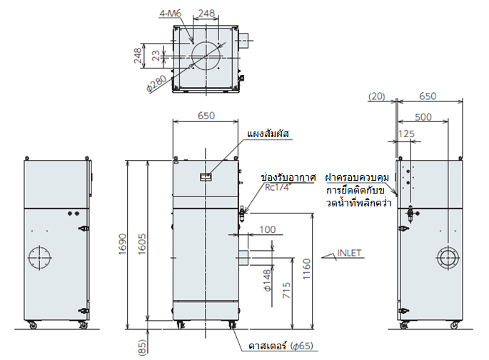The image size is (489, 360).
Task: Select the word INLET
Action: (351, 252)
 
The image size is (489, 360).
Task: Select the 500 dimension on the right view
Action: (422, 116)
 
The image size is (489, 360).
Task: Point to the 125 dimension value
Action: (407, 134)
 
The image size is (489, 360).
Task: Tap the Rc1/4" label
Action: (278, 188)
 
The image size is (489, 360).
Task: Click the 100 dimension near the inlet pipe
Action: (267, 229)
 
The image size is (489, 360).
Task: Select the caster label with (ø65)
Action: (281, 347)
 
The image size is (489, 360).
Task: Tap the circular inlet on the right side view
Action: (448, 258)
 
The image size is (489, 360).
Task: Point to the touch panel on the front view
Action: (206, 174)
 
